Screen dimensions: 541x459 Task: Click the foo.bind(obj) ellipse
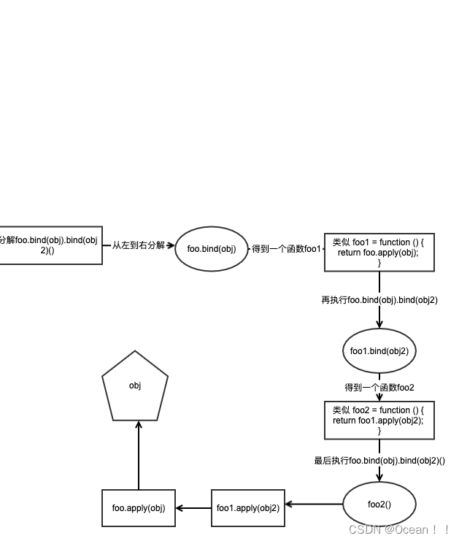pyautogui.click(x=212, y=249)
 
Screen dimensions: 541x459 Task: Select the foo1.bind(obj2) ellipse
pyautogui.click(x=379, y=351)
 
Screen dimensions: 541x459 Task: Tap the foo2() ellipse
pyautogui.click(x=379, y=504)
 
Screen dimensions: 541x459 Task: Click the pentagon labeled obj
pyautogui.click(x=135, y=387)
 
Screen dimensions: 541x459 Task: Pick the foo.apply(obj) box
pyautogui.click(x=139, y=508)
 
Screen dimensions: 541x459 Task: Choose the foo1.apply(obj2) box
pyautogui.click(x=248, y=508)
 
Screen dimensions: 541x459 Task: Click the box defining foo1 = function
pyautogui.click(x=379, y=252)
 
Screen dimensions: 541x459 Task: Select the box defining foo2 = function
pyautogui.click(x=379, y=421)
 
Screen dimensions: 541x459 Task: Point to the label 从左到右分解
pyautogui.click(x=138, y=245)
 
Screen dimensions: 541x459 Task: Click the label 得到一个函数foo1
pyautogui.click(x=286, y=249)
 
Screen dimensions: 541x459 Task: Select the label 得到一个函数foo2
pyautogui.click(x=379, y=388)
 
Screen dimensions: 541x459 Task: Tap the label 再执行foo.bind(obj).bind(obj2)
pyautogui.click(x=379, y=299)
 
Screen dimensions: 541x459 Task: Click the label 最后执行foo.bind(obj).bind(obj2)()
pyautogui.click(x=379, y=460)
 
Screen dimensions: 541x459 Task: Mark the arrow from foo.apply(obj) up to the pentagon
pyautogui.click(x=139, y=456)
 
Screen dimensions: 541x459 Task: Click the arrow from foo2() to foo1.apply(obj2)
pyautogui.click(x=314, y=504)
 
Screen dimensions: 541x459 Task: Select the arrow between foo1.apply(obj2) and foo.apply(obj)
pyautogui.click(x=193, y=508)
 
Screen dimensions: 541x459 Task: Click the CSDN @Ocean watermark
pyautogui.click(x=398, y=529)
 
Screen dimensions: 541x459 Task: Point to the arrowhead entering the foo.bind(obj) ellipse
pyautogui.click(x=171, y=245)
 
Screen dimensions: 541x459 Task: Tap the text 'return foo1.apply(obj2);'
pyautogui.click(x=379, y=421)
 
